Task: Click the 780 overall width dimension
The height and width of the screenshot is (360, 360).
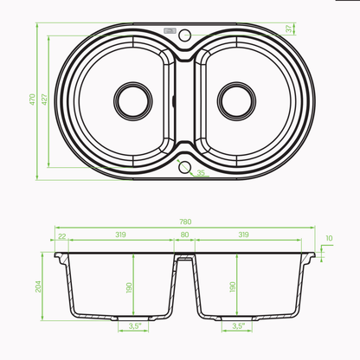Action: [185, 222]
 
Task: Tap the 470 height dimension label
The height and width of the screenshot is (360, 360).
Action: [32, 100]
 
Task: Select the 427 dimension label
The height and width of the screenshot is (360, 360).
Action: [44, 100]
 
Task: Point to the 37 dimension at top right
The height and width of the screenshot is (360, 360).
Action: [289, 29]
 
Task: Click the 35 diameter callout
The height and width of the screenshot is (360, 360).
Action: [201, 172]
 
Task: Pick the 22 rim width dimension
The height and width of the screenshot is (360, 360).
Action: [62, 236]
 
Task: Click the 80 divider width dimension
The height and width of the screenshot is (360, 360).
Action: [184, 235]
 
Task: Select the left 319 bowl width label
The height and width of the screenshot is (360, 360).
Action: [120, 235]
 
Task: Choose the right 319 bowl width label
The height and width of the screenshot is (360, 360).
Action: [243, 235]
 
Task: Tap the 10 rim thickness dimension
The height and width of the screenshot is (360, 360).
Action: [329, 238]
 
